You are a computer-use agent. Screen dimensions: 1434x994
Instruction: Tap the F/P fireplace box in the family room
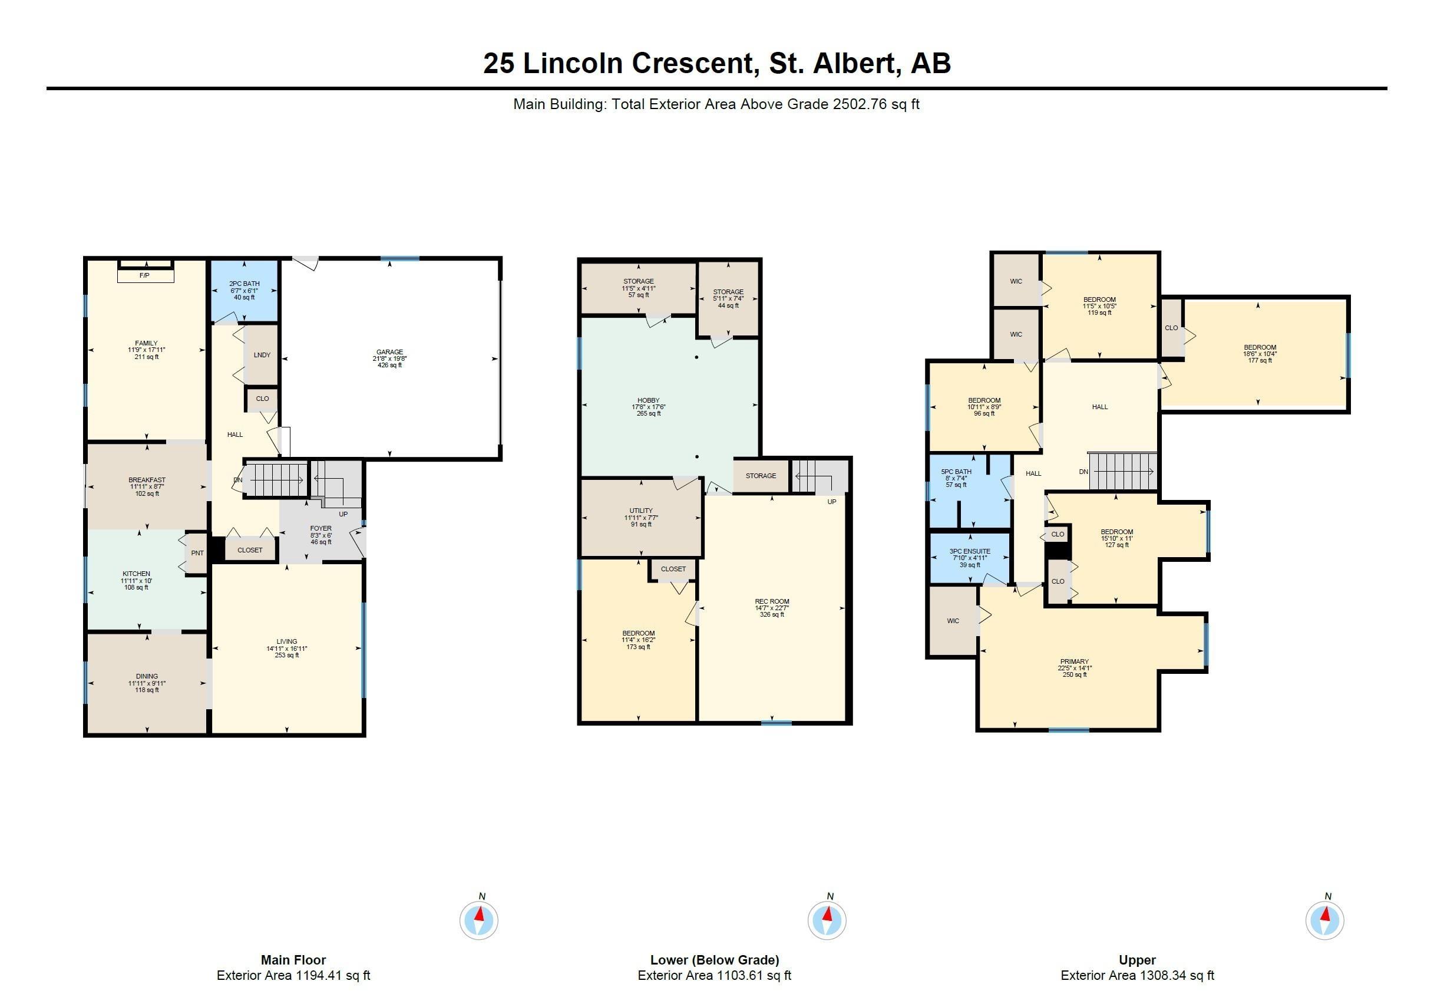[x=144, y=275]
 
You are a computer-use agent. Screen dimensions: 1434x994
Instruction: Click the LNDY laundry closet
[x=262, y=355]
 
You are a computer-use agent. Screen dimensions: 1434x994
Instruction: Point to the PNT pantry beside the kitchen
[x=197, y=553]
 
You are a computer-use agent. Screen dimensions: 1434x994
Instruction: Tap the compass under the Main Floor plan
[x=478, y=919]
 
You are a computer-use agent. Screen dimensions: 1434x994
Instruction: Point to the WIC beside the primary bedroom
[x=953, y=621]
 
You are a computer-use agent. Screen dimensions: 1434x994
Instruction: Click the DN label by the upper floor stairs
[x=1083, y=472]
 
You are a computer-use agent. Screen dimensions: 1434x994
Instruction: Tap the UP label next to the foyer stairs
[x=343, y=515]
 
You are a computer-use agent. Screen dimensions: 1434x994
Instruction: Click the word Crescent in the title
[x=696, y=63]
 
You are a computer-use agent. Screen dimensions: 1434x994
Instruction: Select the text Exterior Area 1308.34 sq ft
[x=1137, y=975]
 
